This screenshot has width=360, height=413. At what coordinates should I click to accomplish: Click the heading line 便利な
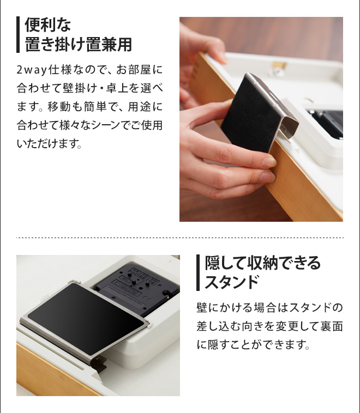click(49, 25)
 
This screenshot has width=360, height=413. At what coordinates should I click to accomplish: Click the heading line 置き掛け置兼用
click(79, 44)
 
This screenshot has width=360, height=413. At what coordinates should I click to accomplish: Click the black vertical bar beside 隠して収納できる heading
click(198, 272)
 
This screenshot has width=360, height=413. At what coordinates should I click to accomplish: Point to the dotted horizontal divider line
click(180, 238)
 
